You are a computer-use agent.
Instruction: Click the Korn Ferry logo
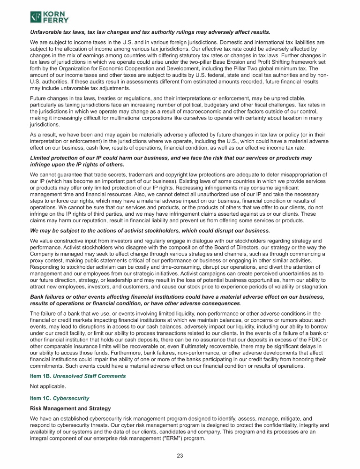50,17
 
